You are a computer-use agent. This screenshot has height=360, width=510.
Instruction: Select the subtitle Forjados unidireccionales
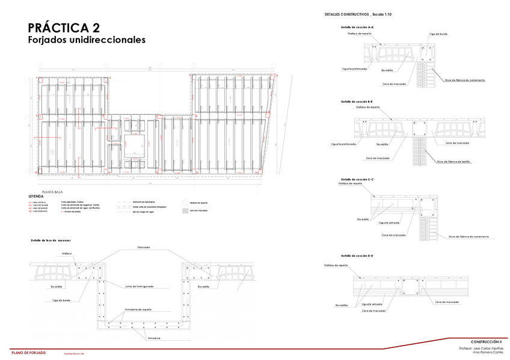click(87, 40)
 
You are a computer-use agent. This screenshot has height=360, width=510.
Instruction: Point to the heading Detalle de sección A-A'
click(357, 28)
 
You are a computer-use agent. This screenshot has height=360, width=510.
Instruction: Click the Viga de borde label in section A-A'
click(438, 34)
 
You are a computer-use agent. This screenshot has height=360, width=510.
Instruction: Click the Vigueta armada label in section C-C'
click(389, 222)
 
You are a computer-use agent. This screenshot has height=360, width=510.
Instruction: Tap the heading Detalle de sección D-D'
click(357, 256)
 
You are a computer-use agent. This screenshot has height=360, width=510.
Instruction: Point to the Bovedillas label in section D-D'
click(342, 305)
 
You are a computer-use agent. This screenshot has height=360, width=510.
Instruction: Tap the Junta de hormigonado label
click(140, 286)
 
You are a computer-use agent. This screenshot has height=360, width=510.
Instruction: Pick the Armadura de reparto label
click(138, 310)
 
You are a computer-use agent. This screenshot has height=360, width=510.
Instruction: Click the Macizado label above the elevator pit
click(143, 247)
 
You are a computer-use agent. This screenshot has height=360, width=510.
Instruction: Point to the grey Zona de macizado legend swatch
click(185, 211)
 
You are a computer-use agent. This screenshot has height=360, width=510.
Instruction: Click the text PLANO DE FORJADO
click(28, 352)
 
